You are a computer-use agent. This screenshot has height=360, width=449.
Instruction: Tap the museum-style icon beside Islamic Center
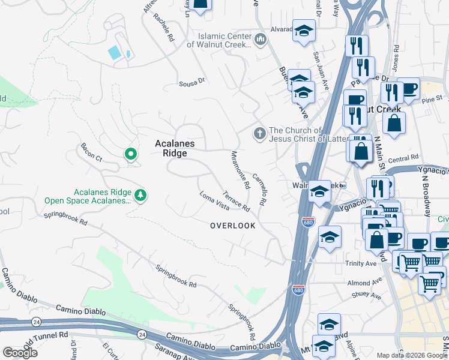260,40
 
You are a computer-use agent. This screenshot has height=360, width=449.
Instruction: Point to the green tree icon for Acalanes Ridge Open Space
140,195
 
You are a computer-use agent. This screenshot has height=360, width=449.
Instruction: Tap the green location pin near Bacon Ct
130,155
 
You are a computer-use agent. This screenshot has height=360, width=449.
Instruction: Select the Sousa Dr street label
192,82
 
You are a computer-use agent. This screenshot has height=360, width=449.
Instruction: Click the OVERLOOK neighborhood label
232,226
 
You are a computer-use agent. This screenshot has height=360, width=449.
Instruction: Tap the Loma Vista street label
214,200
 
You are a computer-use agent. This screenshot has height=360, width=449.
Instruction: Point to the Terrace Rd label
236,201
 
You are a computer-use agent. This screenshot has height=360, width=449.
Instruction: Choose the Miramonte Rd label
240,170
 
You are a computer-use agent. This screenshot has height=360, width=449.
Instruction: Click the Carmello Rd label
259,190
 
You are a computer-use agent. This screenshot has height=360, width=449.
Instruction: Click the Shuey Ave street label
367,295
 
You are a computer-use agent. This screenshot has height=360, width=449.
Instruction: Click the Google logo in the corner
20,352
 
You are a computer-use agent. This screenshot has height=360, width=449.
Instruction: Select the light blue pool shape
114,52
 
